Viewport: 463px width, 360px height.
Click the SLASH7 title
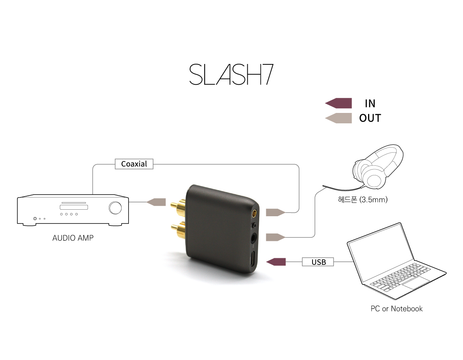point(231,74)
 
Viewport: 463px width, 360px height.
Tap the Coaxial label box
point(134,164)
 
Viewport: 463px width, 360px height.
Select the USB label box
point(318,262)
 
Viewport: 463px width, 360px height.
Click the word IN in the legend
point(370,104)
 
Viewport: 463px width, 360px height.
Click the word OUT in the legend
point(370,118)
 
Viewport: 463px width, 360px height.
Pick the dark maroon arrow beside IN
point(338,103)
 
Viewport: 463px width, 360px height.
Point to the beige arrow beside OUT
point(338,118)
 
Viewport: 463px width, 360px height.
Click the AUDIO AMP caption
point(73,238)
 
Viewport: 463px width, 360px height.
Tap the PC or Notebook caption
point(397,309)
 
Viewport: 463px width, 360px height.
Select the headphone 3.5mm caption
point(363,200)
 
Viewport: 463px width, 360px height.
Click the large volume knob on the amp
point(115,208)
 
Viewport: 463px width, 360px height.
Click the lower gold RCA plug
point(179,230)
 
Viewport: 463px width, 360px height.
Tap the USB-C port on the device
point(253,259)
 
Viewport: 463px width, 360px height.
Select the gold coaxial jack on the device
point(254,213)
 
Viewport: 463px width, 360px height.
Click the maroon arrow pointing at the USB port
point(276,262)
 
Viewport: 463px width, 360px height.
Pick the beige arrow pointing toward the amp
point(156,202)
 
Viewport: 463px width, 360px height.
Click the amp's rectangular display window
point(74,207)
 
